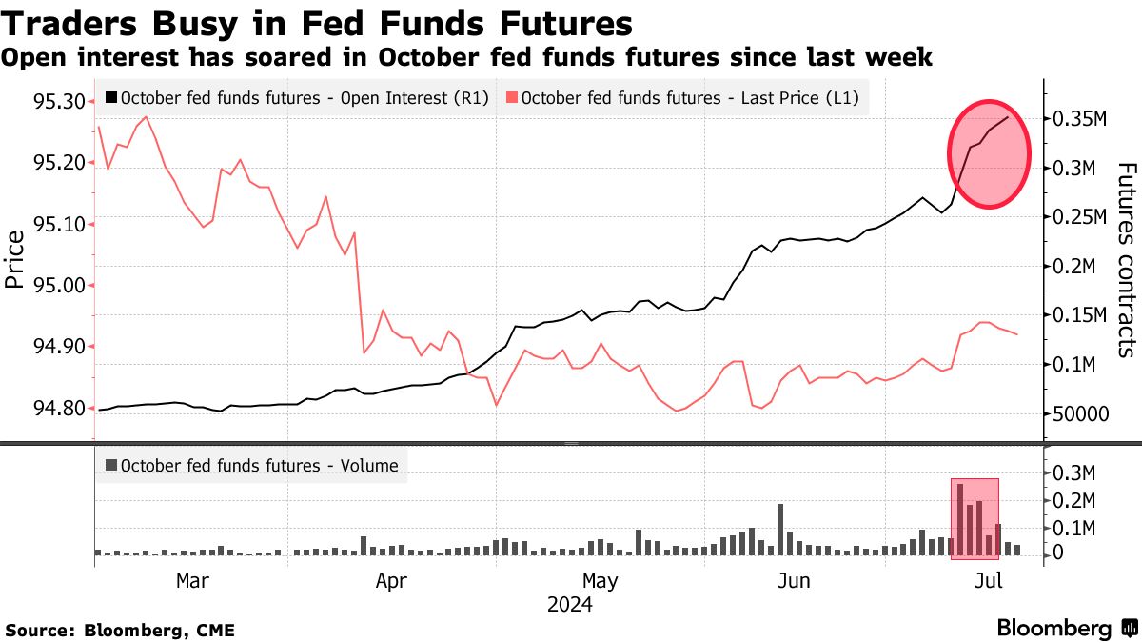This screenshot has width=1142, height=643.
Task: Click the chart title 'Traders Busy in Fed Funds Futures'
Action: click(x=317, y=23)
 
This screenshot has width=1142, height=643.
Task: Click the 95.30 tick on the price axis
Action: click(x=60, y=101)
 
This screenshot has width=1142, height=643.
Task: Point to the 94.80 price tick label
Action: click(x=60, y=409)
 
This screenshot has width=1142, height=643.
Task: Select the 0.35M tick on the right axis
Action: click(x=1079, y=119)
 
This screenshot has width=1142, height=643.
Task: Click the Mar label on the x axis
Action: click(x=193, y=580)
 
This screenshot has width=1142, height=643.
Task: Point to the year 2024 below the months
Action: click(x=569, y=605)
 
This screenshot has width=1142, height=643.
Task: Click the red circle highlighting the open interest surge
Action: click(x=990, y=153)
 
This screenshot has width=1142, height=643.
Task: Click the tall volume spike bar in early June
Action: click(x=780, y=529)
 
